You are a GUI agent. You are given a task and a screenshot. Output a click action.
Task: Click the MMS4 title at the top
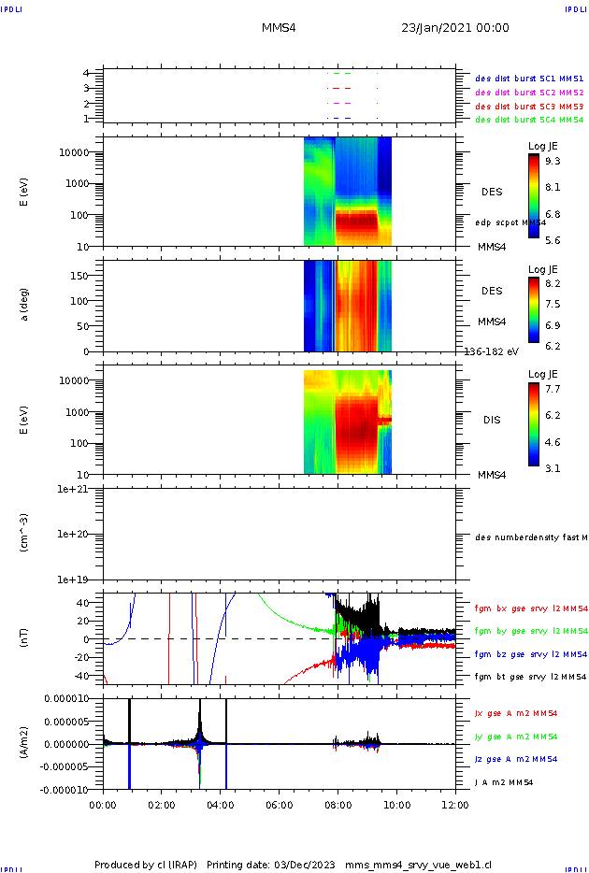pos(279,28)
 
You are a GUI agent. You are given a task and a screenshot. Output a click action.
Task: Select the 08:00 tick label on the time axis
pos(338,803)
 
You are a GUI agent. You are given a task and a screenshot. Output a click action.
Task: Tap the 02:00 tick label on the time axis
pos(162,803)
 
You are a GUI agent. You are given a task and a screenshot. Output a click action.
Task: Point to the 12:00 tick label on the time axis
pos(455,803)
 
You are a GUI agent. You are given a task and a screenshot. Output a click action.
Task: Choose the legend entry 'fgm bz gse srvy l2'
pos(529,653)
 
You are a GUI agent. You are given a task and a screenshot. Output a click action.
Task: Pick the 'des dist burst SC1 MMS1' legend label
pos(529,79)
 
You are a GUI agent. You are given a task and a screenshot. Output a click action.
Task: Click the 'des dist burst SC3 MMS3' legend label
pos(529,107)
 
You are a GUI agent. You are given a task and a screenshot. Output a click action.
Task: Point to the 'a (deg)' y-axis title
pos(25,304)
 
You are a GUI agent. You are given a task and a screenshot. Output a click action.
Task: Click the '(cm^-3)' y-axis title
pos(25,533)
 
